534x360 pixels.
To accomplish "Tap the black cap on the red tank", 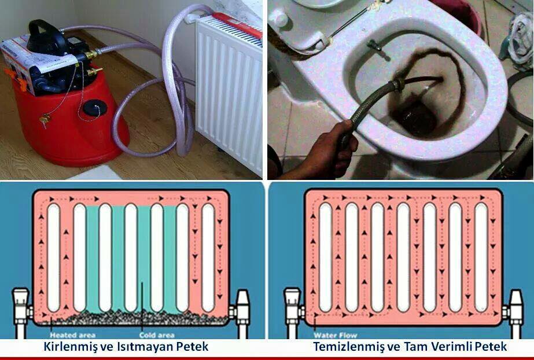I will coord(93,108).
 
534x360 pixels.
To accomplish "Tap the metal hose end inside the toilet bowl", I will coord(397,85).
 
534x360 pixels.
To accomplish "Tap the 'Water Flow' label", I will coord(335,335).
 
